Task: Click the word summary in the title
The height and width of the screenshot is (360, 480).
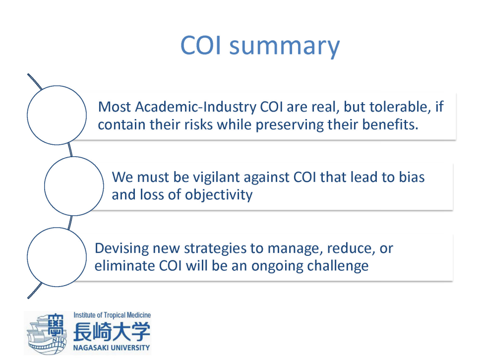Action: click(285, 46)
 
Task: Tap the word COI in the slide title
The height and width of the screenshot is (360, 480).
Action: click(200, 45)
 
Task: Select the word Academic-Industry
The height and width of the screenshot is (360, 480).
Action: click(195, 107)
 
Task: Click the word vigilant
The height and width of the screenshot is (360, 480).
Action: click(216, 177)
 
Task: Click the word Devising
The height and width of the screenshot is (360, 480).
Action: click(121, 248)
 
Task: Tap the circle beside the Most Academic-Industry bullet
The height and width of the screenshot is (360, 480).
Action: click(57, 86)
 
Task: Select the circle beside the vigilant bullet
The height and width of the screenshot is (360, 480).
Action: click(74, 157)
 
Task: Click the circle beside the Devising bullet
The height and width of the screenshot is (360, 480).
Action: click(57, 228)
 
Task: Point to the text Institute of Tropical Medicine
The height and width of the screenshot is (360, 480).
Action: click(112, 315)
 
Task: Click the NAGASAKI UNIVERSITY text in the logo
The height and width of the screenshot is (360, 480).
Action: click(112, 348)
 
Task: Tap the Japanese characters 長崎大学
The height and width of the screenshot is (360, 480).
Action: click(112, 332)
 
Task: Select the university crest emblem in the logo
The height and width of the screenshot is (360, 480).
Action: click(47, 333)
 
